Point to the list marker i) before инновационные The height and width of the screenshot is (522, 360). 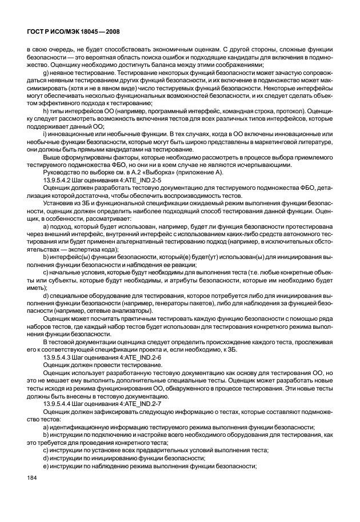click(x=46, y=133)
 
